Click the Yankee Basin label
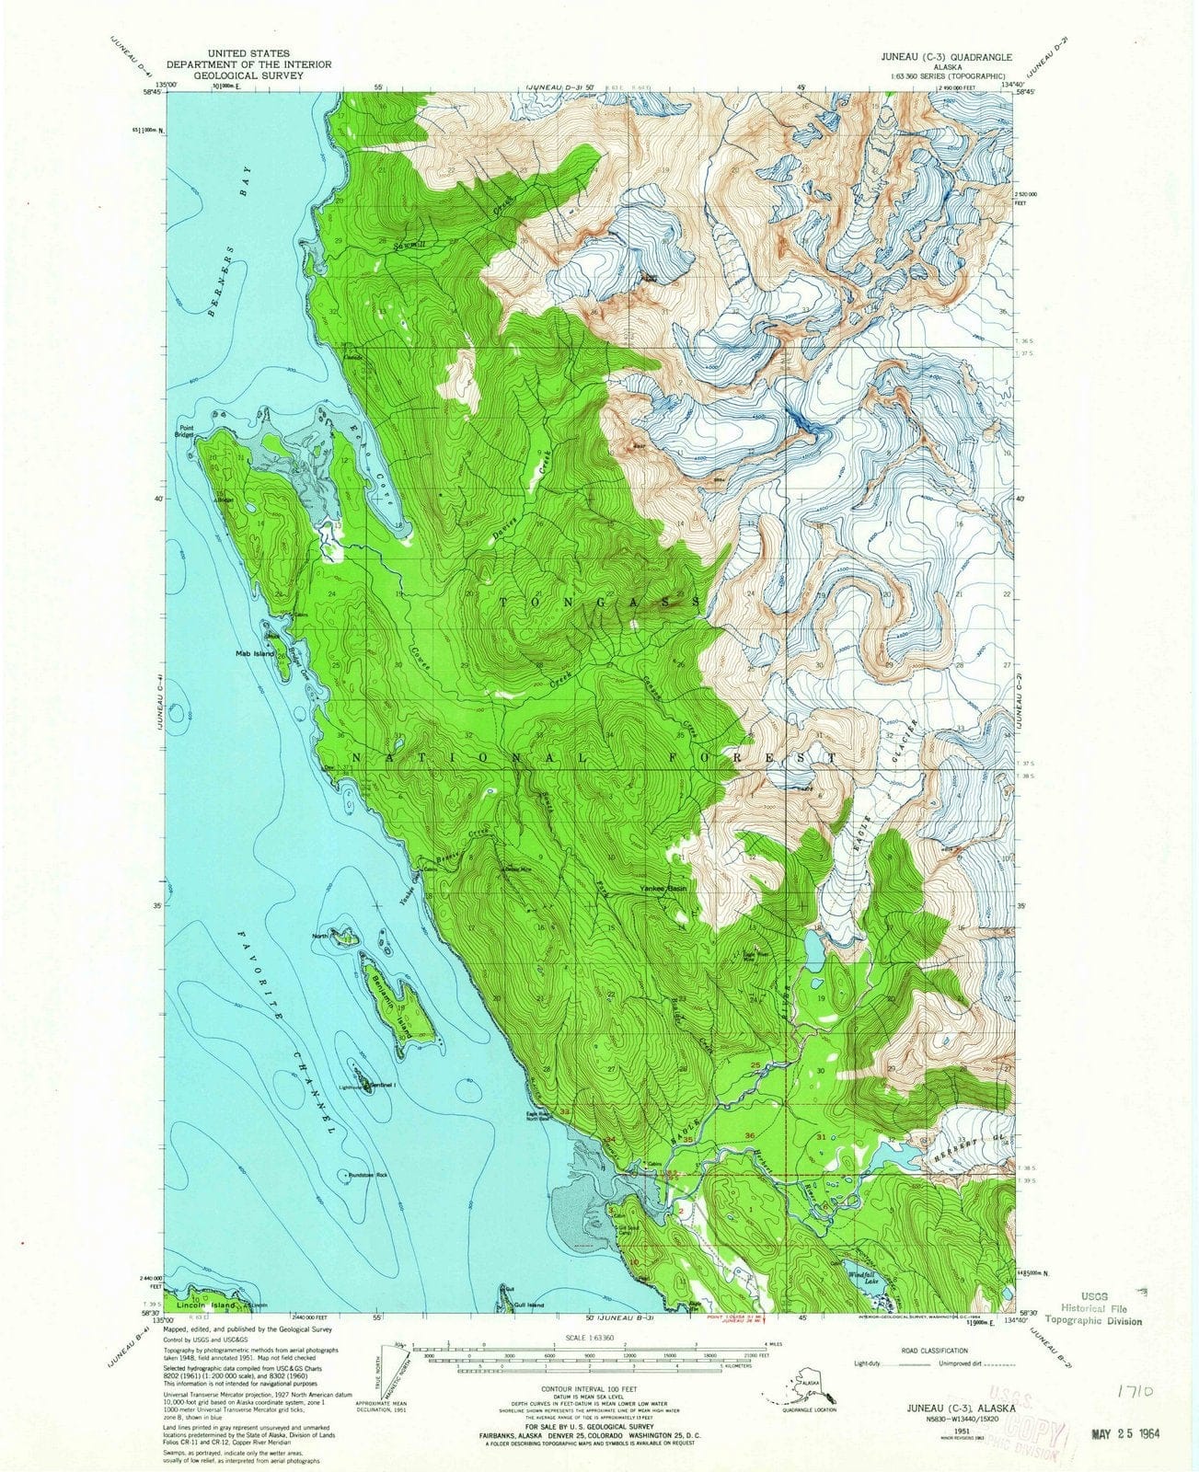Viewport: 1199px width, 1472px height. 663,890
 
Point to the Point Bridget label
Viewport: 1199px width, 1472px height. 181,431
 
